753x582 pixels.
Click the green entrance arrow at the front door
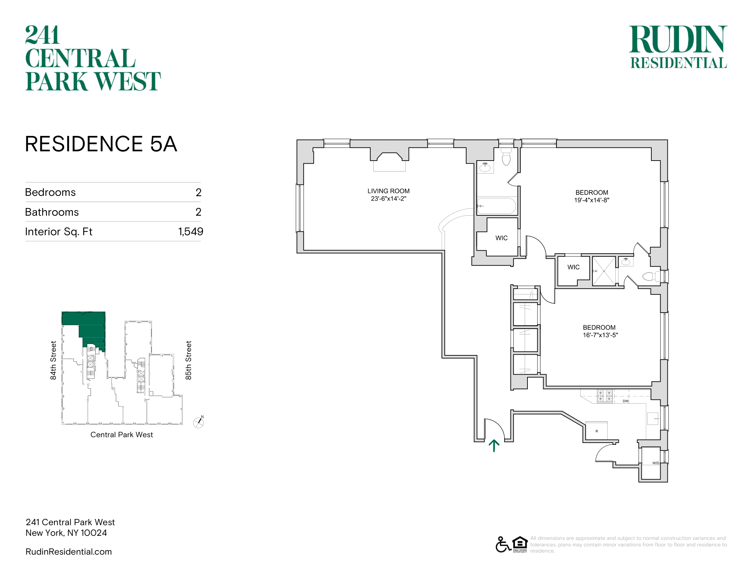coord(494,445)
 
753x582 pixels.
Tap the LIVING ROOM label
coord(388,191)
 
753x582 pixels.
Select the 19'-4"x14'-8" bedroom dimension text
coord(592,200)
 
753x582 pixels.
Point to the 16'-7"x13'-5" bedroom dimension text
coord(600,335)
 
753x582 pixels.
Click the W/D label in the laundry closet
coord(655,463)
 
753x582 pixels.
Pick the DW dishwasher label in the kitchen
coord(626,401)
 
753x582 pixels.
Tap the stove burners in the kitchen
coord(605,396)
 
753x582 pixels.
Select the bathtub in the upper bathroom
coord(497,206)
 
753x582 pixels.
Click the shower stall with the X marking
coord(604,271)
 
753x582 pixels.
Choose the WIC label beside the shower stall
coord(573,267)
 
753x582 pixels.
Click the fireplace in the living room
coord(390,162)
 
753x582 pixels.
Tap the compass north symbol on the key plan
coord(199,422)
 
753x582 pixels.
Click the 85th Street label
coord(188,360)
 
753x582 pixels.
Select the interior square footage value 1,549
coord(191,231)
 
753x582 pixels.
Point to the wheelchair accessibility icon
coord(503,545)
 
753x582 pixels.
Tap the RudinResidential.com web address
coord(68,552)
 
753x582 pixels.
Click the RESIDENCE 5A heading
coord(101,144)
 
